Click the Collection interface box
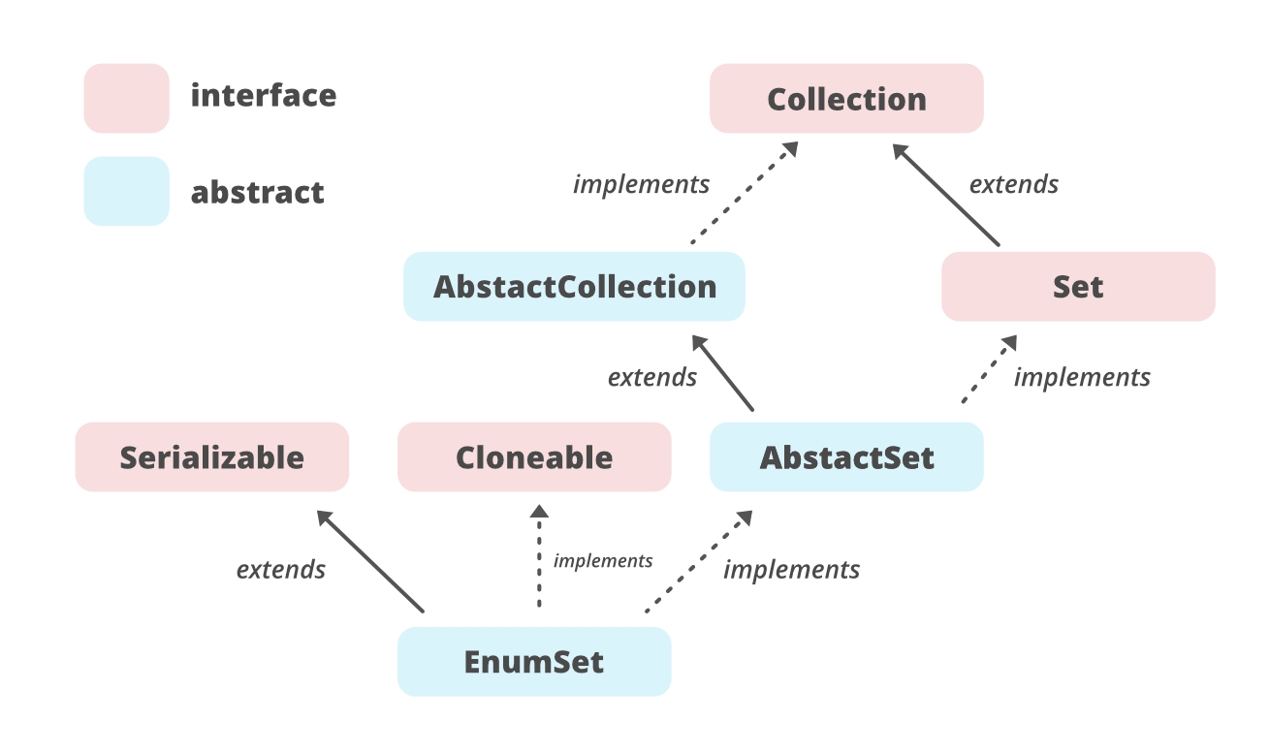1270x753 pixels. click(x=846, y=99)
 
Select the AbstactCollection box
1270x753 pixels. click(x=574, y=287)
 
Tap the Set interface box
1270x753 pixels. click(x=1078, y=287)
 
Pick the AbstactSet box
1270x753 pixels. click(x=846, y=457)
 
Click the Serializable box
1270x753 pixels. click(x=211, y=457)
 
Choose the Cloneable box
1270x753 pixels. click(x=534, y=457)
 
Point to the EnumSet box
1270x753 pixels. click(x=534, y=662)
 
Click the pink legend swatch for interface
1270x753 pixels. click(x=126, y=98)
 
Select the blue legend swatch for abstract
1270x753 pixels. click(x=126, y=192)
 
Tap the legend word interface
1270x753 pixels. click(x=264, y=96)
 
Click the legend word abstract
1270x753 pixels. click(x=258, y=192)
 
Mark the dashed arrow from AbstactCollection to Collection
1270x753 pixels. click(x=744, y=193)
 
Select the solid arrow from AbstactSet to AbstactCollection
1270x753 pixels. click(x=723, y=372)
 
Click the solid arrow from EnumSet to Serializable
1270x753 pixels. click(x=371, y=561)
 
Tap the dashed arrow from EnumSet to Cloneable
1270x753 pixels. click(x=540, y=556)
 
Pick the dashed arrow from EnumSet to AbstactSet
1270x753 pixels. click(x=699, y=562)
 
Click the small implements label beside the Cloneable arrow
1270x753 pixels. click(x=602, y=561)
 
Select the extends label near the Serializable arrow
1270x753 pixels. click(x=281, y=569)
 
